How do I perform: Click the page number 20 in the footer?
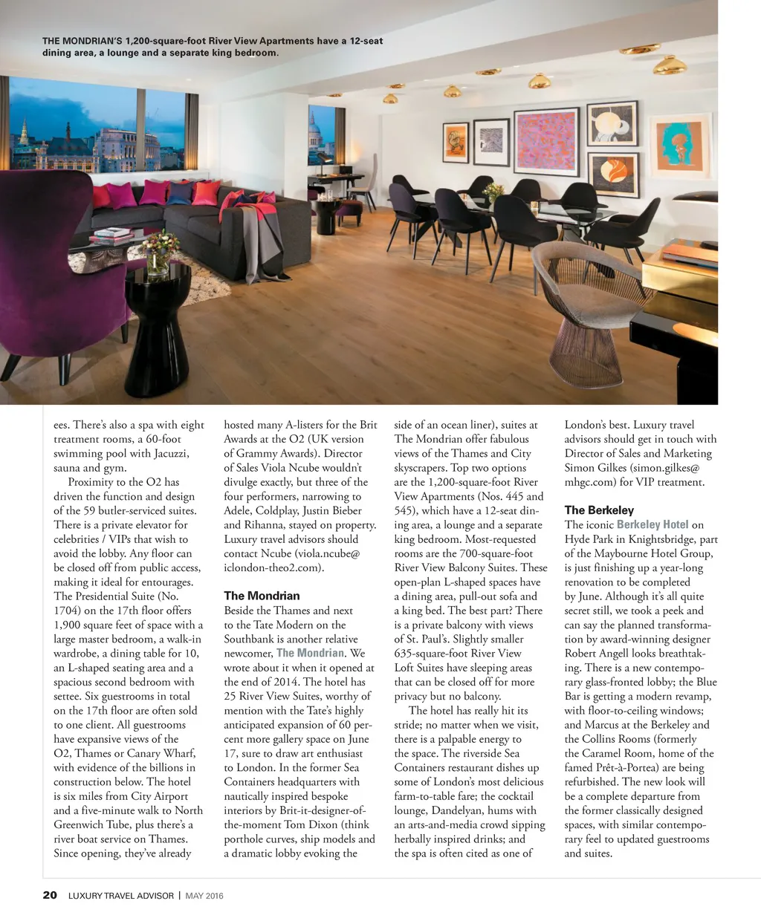tap(50, 895)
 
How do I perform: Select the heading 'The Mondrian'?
tap(262, 596)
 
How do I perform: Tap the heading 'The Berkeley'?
tap(599, 510)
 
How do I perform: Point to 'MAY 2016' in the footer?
tap(204, 896)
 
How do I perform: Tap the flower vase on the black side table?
tap(161, 253)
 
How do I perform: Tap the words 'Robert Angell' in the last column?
tap(598, 654)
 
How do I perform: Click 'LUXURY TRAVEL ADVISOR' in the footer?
tap(120, 896)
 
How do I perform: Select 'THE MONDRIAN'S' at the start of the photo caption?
tap(82, 41)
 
